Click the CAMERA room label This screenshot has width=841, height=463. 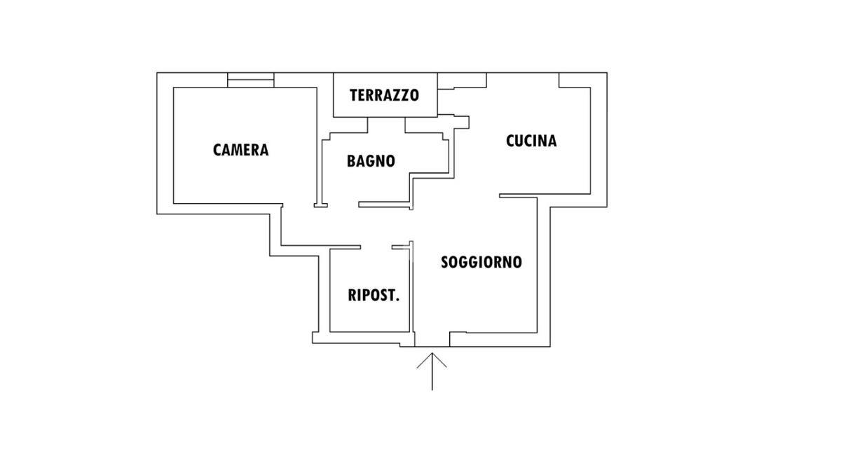[x=240, y=150]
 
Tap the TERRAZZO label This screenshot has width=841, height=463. [x=385, y=95]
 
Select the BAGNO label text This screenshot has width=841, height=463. [x=371, y=161]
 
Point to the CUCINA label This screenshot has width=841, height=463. [x=531, y=141]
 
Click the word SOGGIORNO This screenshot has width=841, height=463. [x=481, y=262]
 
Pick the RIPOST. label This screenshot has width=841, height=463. [x=374, y=296]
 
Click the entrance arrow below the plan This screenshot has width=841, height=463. [x=432, y=371]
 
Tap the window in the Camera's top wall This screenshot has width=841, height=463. [x=251, y=80]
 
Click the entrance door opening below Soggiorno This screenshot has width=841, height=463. [x=432, y=339]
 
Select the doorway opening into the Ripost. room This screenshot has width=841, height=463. [x=376, y=247]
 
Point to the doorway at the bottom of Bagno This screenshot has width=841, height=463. [x=343, y=205]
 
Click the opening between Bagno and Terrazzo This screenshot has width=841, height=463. [x=386, y=125]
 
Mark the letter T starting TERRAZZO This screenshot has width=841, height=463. [x=354, y=95]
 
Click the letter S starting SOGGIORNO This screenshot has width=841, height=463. [x=444, y=262]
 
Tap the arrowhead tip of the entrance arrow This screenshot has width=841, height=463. [x=432, y=353]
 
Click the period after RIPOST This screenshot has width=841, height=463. [x=397, y=300]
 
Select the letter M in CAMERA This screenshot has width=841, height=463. [x=239, y=150]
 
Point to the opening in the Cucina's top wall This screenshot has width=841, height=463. [x=523, y=80]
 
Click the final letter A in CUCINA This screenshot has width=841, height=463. [x=552, y=141]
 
